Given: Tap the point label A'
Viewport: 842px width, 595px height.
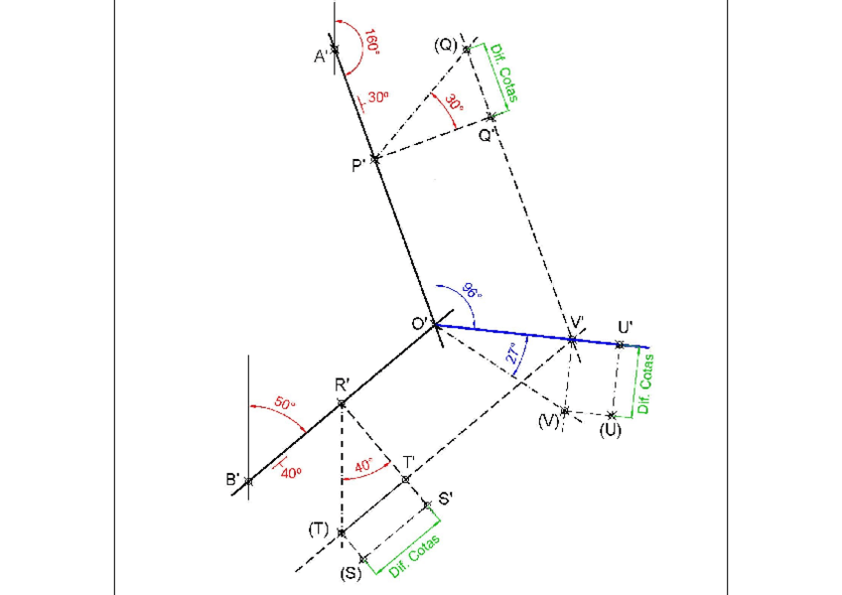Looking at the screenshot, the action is (x=322, y=57).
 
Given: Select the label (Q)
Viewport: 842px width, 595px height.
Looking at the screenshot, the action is (x=445, y=45).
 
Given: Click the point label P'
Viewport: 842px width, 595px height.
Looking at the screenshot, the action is (x=358, y=165).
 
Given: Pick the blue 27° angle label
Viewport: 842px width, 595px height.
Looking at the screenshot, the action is (x=513, y=355).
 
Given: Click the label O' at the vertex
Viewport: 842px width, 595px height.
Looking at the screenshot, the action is (x=418, y=324).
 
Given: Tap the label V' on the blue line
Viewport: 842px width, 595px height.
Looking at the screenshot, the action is (x=576, y=323).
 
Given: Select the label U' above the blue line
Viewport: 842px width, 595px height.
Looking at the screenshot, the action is (x=625, y=327).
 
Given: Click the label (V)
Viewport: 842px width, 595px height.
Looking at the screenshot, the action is (x=549, y=421).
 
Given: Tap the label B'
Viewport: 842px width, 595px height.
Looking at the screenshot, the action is (x=233, y=480).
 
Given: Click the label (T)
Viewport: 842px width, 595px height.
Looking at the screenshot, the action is (x=318, y=529).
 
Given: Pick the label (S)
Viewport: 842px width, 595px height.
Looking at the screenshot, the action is (x=351, y=574).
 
